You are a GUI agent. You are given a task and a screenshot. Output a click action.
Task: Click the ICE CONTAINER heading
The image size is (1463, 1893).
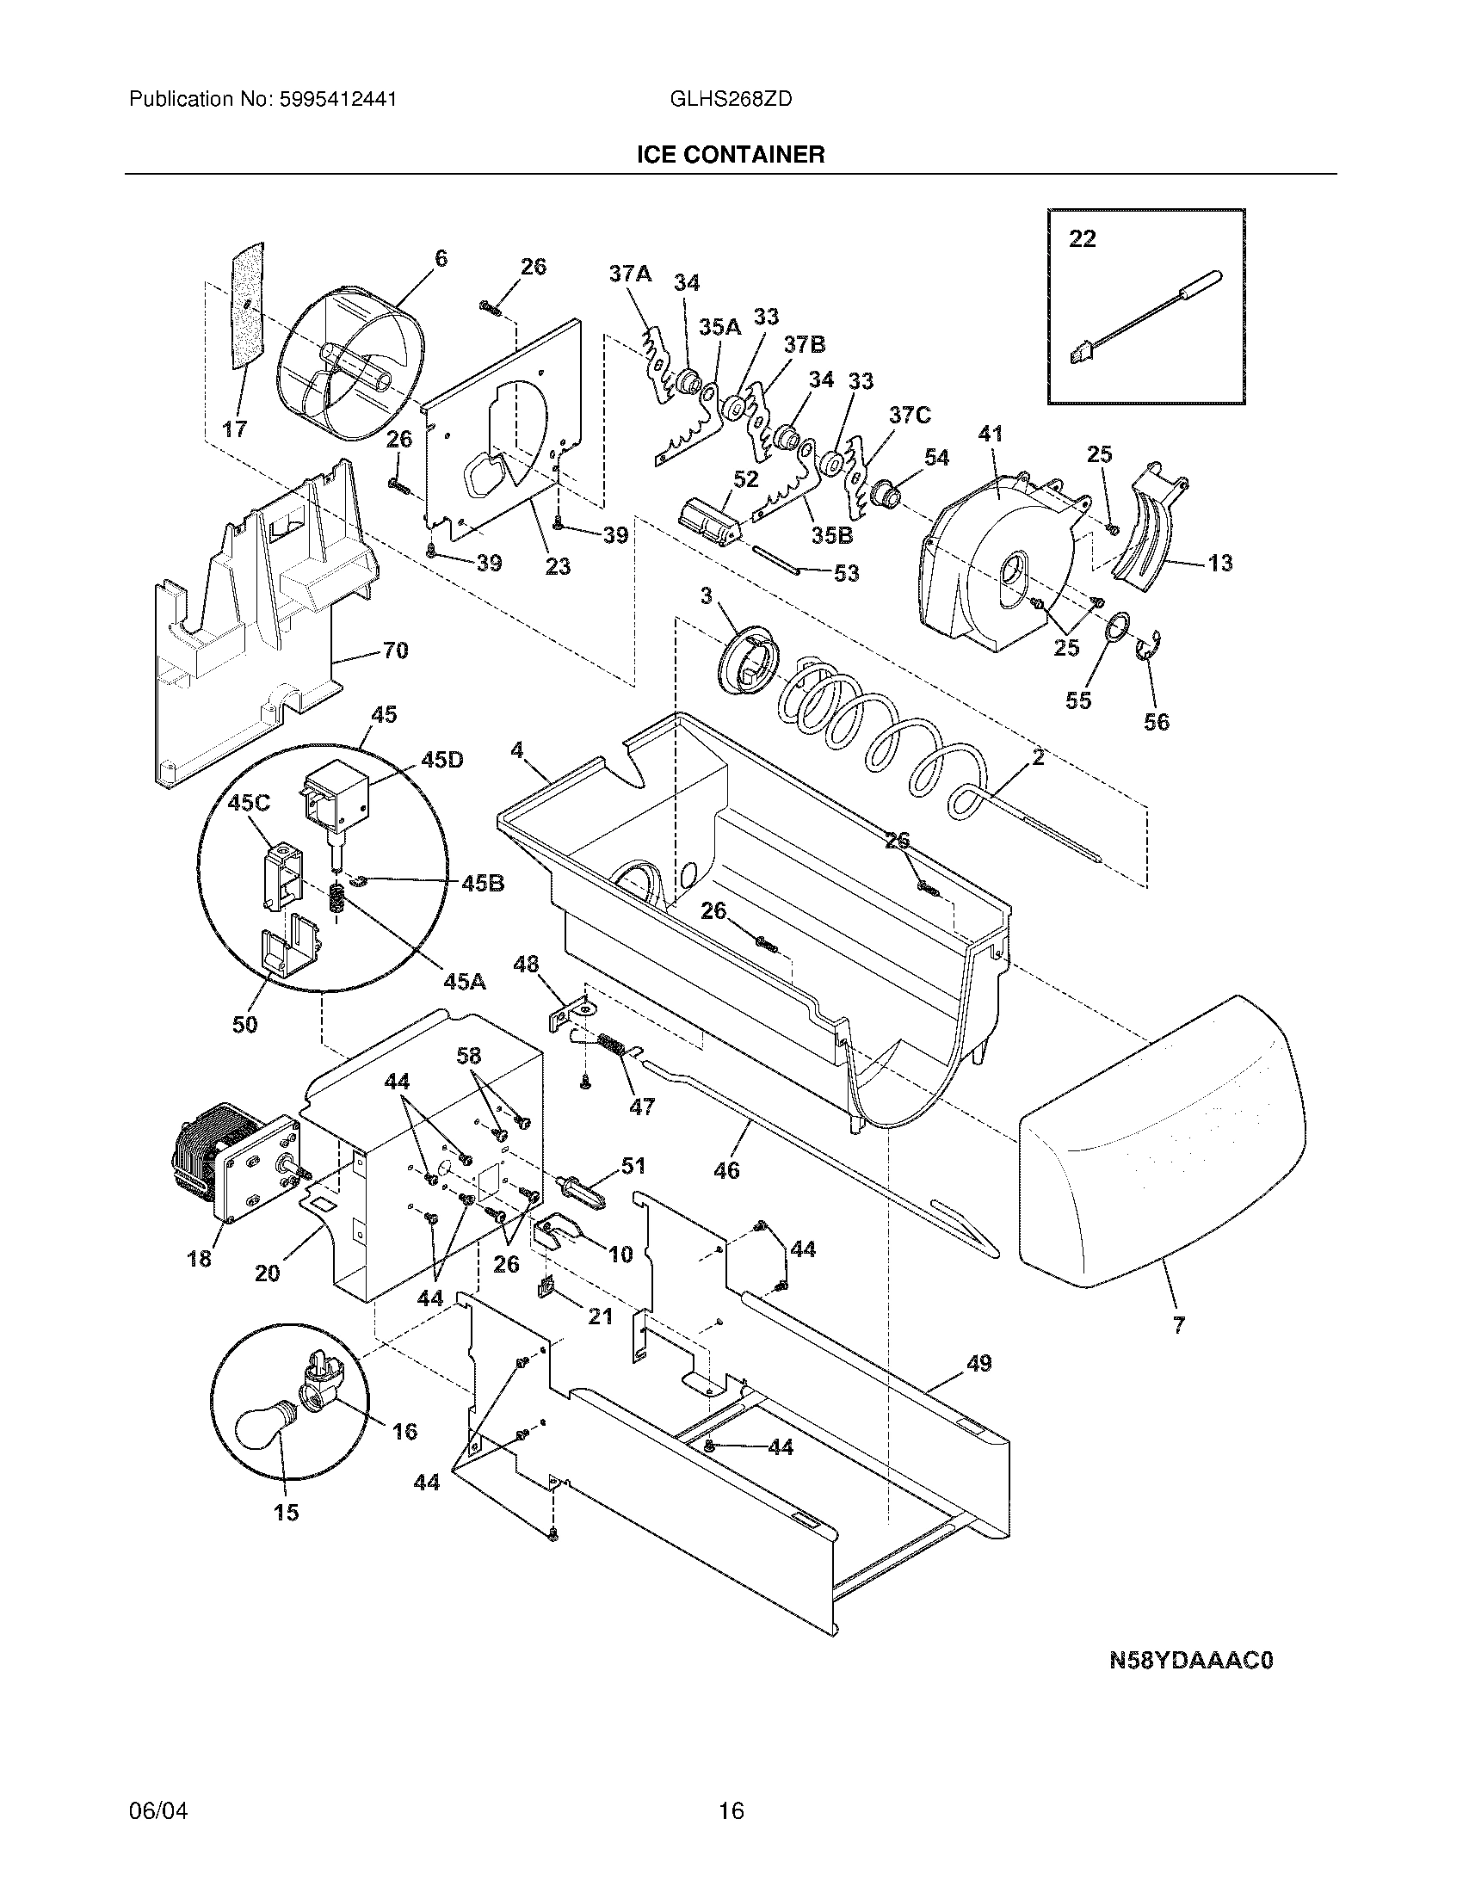(x=731, y=155)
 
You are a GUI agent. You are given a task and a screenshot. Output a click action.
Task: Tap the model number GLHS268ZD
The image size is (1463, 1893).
(x=731, y=100)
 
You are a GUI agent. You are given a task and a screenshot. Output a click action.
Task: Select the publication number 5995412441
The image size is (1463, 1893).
(x=338, y=100)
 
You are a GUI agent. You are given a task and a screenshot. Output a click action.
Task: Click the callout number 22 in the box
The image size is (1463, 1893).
(x=1083, y=238)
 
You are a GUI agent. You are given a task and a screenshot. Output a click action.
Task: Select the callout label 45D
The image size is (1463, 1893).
(x=441, y=760)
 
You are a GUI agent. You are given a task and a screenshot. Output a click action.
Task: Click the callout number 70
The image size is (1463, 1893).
(x=395, y=650)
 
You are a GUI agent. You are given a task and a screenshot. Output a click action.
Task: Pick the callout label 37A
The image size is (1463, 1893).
(x=629, y=274)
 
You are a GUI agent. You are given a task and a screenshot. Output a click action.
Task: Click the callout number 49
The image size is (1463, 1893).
(x=978, y=1364)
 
